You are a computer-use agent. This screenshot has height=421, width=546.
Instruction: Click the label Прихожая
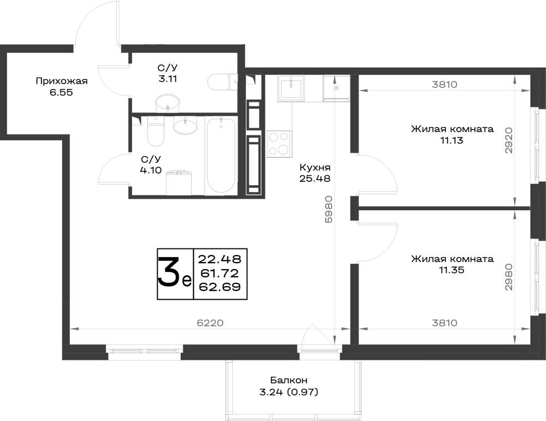click(61, 81)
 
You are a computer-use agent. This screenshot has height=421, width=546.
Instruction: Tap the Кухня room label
click(315, 168)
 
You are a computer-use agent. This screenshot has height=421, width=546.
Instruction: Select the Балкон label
click(289, 380)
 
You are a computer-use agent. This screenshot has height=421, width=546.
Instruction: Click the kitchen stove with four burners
click(279, 144)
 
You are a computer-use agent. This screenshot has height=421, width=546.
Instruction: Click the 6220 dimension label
click(210, 323)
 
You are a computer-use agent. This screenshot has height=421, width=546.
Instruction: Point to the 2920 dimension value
click(509, 140)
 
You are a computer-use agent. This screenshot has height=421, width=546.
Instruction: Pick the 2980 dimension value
click(509, 277)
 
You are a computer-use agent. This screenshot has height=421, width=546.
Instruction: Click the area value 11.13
click(452, 140)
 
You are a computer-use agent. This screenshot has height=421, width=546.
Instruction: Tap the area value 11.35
click(452, 270)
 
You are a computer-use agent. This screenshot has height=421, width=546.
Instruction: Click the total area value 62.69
click(219, 287)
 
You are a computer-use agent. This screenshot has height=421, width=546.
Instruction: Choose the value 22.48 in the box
click(219, 259)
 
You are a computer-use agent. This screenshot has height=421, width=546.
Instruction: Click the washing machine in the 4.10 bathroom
click(179, 183)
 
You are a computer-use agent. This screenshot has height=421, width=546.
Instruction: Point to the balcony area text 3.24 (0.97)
click(289, 393)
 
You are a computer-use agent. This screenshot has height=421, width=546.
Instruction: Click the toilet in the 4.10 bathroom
click(155, 132)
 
